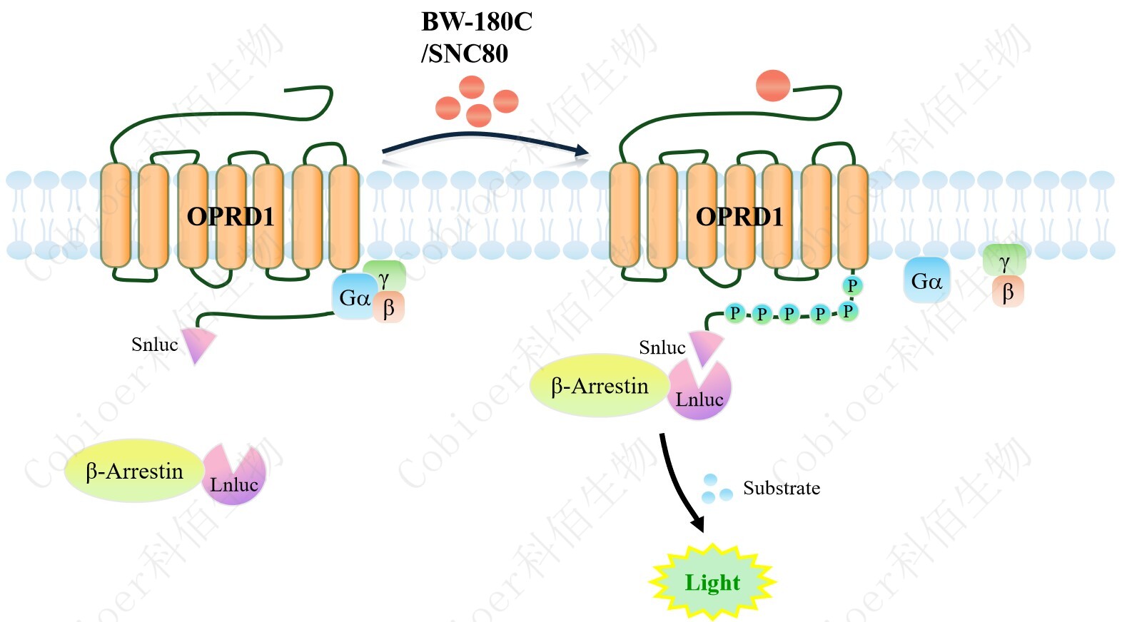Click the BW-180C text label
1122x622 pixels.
tap(476, 22)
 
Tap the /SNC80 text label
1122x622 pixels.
tap(465, 53)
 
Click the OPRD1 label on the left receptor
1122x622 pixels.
tap(230, 216)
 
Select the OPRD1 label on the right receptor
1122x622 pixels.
tap(739, 216)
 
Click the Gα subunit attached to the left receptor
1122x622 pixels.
tap(353, 297)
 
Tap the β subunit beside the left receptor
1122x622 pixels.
tap(389, 308)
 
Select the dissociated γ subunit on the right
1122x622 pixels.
tap(1004, 260)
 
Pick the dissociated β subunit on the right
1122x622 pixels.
tap(1008, 292)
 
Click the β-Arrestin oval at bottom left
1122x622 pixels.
tap(134, 471)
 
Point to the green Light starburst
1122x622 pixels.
tap(712, 582)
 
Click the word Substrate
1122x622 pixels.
tap(781, 488)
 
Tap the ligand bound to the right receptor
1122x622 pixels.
tap(773, 86)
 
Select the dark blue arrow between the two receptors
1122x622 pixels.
tap(485, 138)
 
